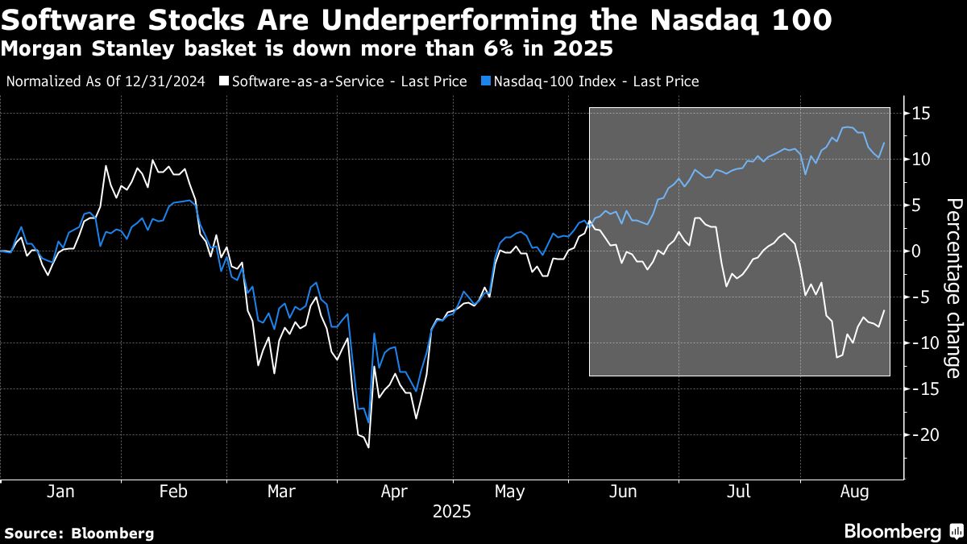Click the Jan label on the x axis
tap(60, 492)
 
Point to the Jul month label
tap(739, 492)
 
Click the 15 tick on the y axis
tap(920, 114)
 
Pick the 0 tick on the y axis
tap(915, 251)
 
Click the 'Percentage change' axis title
tap(952, 288)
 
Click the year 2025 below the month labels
tap(451, 512)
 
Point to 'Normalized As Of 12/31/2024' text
tap(106, 81)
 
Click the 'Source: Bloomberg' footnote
tap(79, 533)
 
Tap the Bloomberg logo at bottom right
tap(903, 531)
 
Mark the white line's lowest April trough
tap(368, 446)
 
